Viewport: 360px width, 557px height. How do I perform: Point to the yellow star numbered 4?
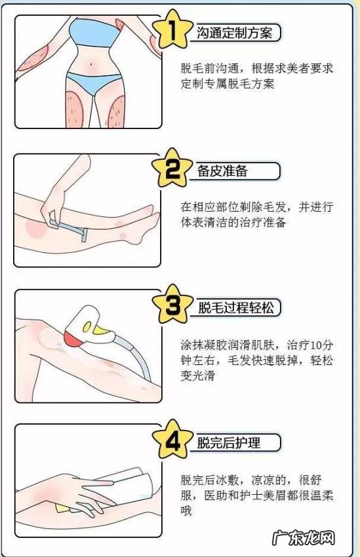172,442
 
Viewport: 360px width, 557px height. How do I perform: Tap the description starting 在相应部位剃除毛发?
256,215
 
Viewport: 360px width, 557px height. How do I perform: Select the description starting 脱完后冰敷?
256,495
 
